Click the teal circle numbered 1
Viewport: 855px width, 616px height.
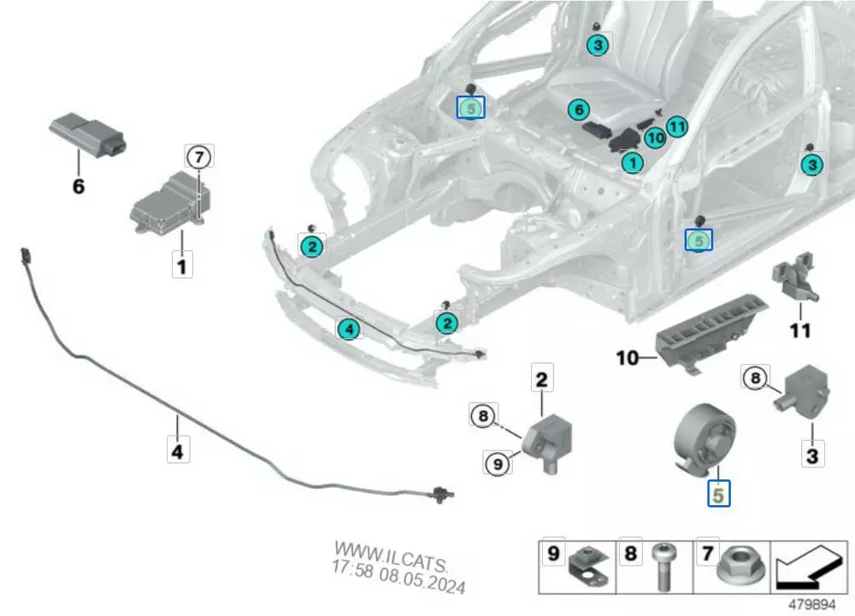point(633,161)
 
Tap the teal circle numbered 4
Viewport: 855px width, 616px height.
point(348,328)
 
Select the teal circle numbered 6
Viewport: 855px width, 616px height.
point(579,110)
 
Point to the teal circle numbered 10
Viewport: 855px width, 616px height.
point(656,137)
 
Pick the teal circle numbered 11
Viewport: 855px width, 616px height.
point(677,127)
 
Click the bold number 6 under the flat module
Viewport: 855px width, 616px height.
point(79,185)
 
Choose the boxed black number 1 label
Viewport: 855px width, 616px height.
point(180,266)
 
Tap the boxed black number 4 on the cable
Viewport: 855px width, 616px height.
point(178,450)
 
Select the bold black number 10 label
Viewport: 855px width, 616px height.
point(628,357)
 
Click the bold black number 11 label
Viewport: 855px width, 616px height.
point(801,330)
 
